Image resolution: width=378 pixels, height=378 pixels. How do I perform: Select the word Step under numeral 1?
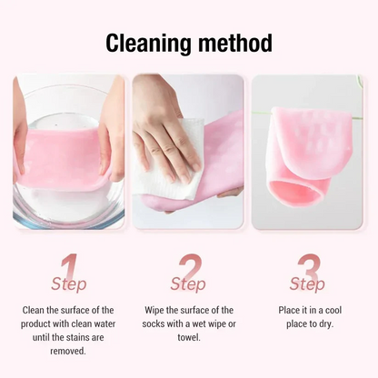pyautogui.click(x=69, y=284)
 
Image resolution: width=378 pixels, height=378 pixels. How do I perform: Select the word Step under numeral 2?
pyautogui.click(x=188, y=284)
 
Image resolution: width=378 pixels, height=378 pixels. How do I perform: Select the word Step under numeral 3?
pyautogui.click(x=307, y=284)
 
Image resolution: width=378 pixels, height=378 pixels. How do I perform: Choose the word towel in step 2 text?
pyautogui.click(x=188, y=336)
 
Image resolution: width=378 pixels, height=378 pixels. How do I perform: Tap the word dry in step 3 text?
pyautogui.click(x=325, y=323)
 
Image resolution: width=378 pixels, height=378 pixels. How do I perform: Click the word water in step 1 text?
pyautogui.click(x=103, y=323)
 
